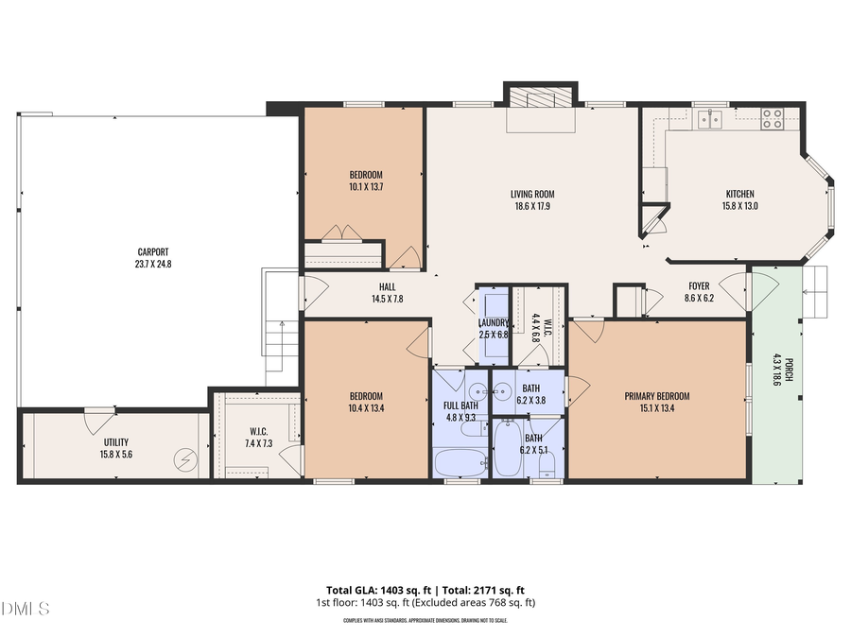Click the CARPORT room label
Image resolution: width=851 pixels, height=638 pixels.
click(153, 251)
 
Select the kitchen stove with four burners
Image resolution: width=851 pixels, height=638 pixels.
click(773, 118)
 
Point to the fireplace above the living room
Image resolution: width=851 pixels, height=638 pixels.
click(539, 99)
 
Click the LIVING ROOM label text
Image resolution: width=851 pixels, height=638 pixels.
click(532, 194)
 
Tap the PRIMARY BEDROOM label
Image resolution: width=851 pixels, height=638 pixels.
click(656, 396)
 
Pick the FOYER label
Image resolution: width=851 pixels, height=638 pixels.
click(700, 285)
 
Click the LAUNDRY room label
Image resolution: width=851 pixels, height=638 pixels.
click(494, 322)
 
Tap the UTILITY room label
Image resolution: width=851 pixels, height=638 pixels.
click(116, 442)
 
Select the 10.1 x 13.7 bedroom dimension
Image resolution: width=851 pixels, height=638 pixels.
click(366, 187)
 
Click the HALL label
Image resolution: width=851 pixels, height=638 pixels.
click(388, 286)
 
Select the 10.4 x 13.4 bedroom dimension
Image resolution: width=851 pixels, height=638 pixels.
click(366, 408)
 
